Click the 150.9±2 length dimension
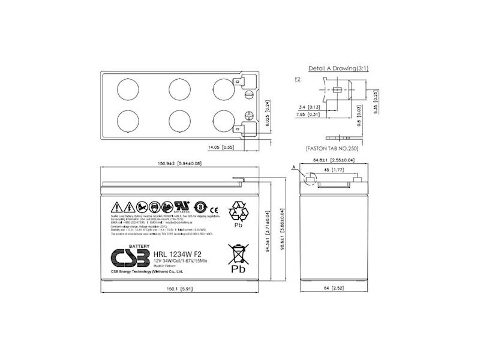[x=175, y=164]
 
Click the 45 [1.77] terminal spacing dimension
[x=336, y=170]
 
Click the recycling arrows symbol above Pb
[x=239, y=212]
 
